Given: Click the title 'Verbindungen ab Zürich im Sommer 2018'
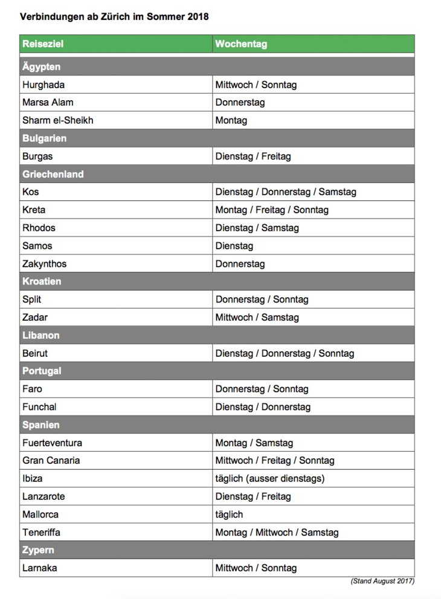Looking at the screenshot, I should (114, 17).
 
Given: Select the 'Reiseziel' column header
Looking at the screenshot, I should (43, 43).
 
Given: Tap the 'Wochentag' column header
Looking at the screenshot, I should (241, 43).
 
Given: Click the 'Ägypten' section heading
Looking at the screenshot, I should (42, 66).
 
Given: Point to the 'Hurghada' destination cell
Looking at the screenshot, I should (43, 85).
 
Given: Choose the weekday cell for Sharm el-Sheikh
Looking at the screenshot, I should (231, 120).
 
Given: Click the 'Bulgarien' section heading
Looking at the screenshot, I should (45, 138).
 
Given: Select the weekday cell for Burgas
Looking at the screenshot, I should (253, 156).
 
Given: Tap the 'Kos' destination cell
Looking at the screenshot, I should (31, 192).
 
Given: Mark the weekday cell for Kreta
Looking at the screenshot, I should (272, 210).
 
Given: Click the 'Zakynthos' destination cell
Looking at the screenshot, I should (45, 264).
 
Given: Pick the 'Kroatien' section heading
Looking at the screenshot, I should (42, 281).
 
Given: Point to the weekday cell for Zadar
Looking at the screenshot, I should (257, 317).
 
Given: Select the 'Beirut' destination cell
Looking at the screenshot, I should (35, 353).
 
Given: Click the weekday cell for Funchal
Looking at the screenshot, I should (263, 407).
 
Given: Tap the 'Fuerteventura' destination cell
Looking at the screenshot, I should (53, 443).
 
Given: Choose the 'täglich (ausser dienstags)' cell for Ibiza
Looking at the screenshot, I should (270, 478).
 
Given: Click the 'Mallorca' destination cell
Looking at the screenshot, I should (40, 514).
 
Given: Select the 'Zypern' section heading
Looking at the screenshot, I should (38, 550).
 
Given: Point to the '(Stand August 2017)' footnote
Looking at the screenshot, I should (382, 581).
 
